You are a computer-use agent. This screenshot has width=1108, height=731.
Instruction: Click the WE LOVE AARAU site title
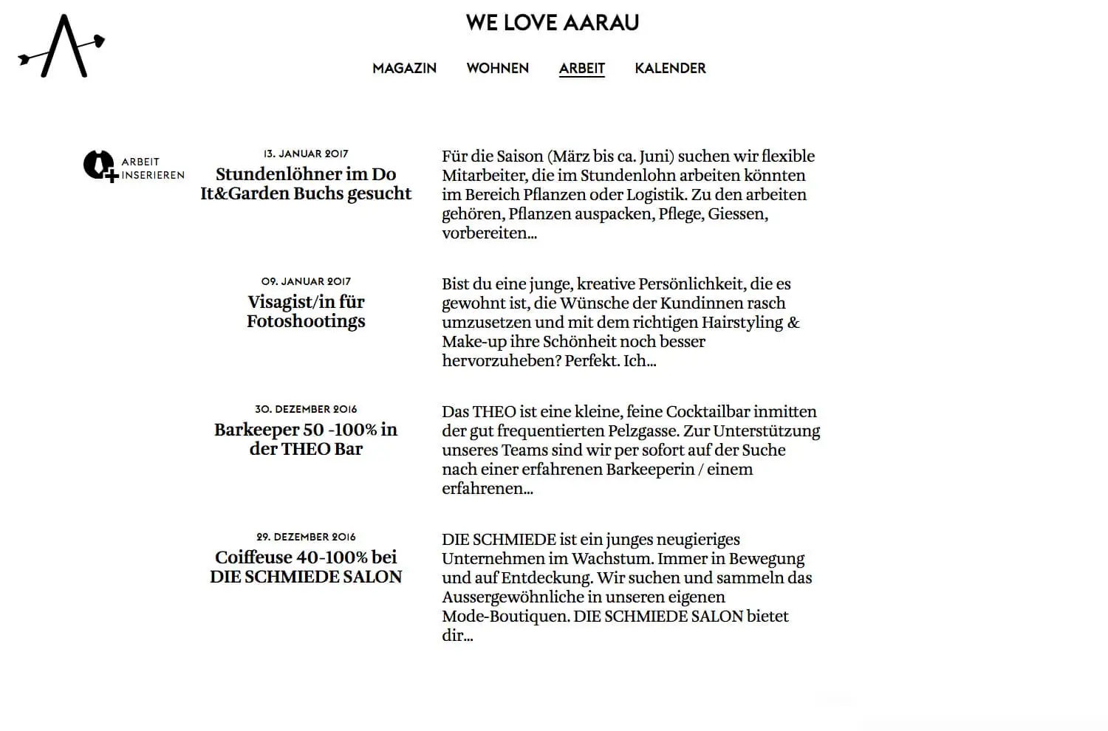click(x=553, y=23)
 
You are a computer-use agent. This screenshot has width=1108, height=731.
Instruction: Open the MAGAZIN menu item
click(x=404, y=69)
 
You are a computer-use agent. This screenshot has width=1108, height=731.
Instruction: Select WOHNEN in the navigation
click(x=497, y=69)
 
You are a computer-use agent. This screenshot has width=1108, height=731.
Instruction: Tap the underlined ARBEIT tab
click(x=581, y=69)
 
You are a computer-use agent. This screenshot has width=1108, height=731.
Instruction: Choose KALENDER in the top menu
click(x=670, y=69)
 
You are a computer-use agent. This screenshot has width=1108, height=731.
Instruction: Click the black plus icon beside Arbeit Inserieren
click(x=99, y=166)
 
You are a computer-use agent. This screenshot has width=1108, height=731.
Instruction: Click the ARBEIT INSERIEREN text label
click(x=152, y=168)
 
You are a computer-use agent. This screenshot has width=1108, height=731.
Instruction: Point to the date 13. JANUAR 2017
click(x=306, y=154)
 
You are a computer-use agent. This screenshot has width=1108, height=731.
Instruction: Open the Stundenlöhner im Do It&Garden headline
click(x=306, y=184)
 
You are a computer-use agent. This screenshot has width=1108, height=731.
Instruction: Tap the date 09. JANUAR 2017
click(x=306, y=282)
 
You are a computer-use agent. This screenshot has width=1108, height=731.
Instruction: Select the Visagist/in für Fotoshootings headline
click(x=306, y=312)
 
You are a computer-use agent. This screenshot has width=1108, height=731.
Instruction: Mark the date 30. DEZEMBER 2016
click(x=306, y=410)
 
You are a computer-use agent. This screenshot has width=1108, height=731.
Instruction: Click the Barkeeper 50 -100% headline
click(x=306, y=439)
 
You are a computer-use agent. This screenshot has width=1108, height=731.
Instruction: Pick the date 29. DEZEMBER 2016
click(x=306, y=538)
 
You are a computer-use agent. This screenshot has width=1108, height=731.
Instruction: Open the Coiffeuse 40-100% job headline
click(x=306, y=567)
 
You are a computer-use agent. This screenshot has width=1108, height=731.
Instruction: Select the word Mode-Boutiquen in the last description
click(x=505, y=617)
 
